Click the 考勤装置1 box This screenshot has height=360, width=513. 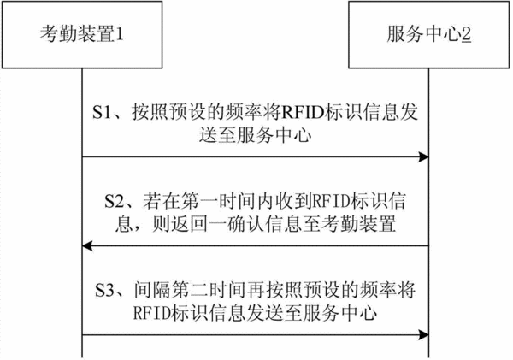[x=82, y=35]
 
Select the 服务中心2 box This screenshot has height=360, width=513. [x=429, y=35]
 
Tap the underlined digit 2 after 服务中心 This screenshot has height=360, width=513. [x=466, y=34]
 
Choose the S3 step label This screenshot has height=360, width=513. [x=104, y=290]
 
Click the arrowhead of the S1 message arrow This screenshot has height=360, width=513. [x=424, y=157]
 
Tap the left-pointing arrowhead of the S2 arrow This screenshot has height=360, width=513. [x=87, y=245]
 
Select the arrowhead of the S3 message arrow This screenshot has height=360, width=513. [x=424, y=335]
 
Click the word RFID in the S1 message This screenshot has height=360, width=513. [x=301, y=113]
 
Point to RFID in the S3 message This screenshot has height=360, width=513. [x=152, y=313]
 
